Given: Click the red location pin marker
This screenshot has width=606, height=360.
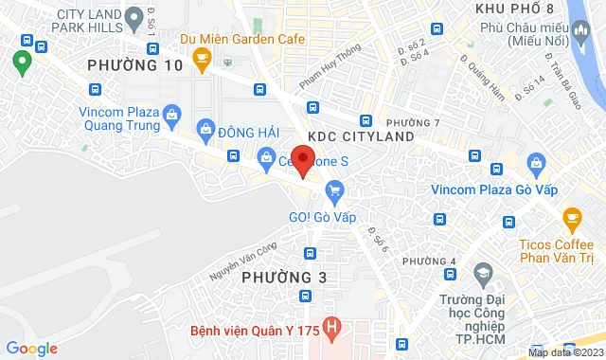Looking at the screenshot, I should (x=302, y=160).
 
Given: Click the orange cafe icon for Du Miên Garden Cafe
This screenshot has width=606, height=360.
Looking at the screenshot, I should (x=201, y=59).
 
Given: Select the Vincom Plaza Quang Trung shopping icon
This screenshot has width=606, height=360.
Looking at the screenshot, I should (x=171, y=116).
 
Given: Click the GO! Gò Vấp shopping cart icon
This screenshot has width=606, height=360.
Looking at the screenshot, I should (x=333, y=191).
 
